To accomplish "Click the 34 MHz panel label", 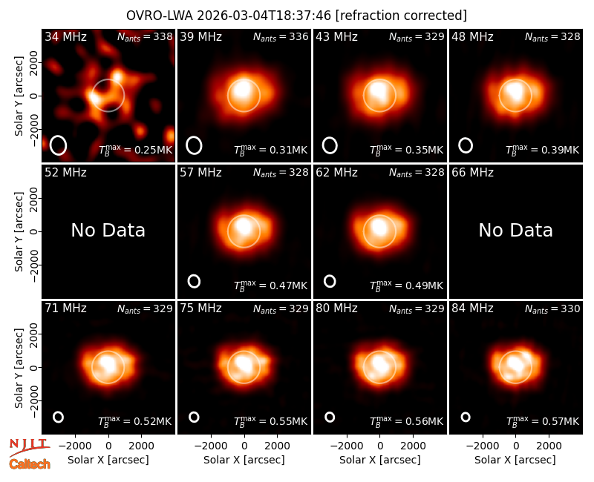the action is click(65, 36).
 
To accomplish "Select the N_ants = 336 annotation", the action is click(281, 36).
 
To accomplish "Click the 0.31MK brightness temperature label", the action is click(270, 150).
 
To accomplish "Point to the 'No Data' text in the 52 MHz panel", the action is click(108, 230).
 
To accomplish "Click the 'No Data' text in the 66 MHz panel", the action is click(515, 230).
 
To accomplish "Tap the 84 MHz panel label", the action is click(472, 308).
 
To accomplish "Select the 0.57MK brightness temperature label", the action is click(543, 421).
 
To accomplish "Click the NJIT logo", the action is click(29, 447).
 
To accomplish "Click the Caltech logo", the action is click(30, 464).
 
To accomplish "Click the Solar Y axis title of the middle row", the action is click(19, 231).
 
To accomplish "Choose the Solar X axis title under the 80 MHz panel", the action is click(379, 460).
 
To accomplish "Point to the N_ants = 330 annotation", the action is click(552, 308).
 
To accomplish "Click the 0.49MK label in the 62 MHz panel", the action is click(406, 285).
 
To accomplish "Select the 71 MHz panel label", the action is click(65, 308).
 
